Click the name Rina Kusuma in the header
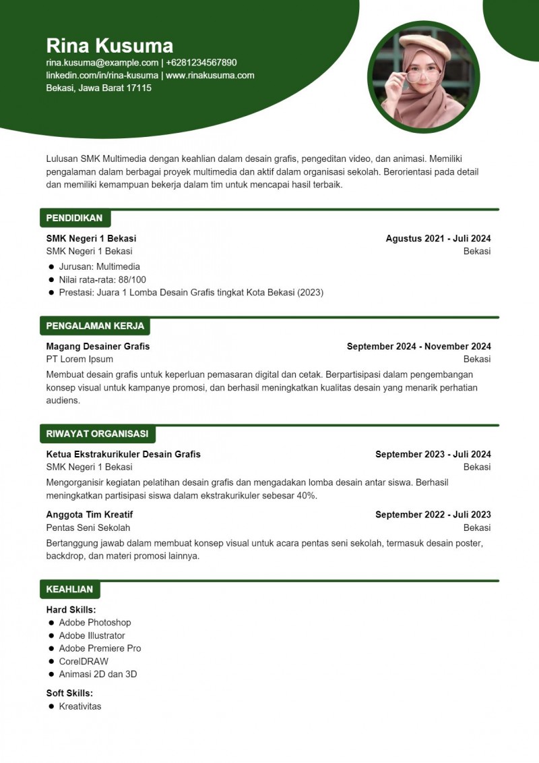pos(109,45)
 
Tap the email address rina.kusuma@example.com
pos(102,63)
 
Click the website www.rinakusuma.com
pos(210,76)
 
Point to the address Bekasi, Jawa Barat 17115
pos(98,88)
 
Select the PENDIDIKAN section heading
pos(74,218)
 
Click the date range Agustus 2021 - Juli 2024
pos(438,238)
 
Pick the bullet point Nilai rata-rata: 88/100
pos(102,279)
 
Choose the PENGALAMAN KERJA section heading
pos(95,326)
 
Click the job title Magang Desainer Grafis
pos(98,346)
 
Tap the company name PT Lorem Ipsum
pos(80,359)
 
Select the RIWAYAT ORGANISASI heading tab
pos(97,434)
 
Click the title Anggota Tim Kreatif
pos(89,514)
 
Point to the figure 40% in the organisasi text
pos(307,495)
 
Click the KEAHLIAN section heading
pos(69,589)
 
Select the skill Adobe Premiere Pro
pos(100,648)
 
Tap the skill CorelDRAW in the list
pos(84,661)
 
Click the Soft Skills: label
pos(69,693)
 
